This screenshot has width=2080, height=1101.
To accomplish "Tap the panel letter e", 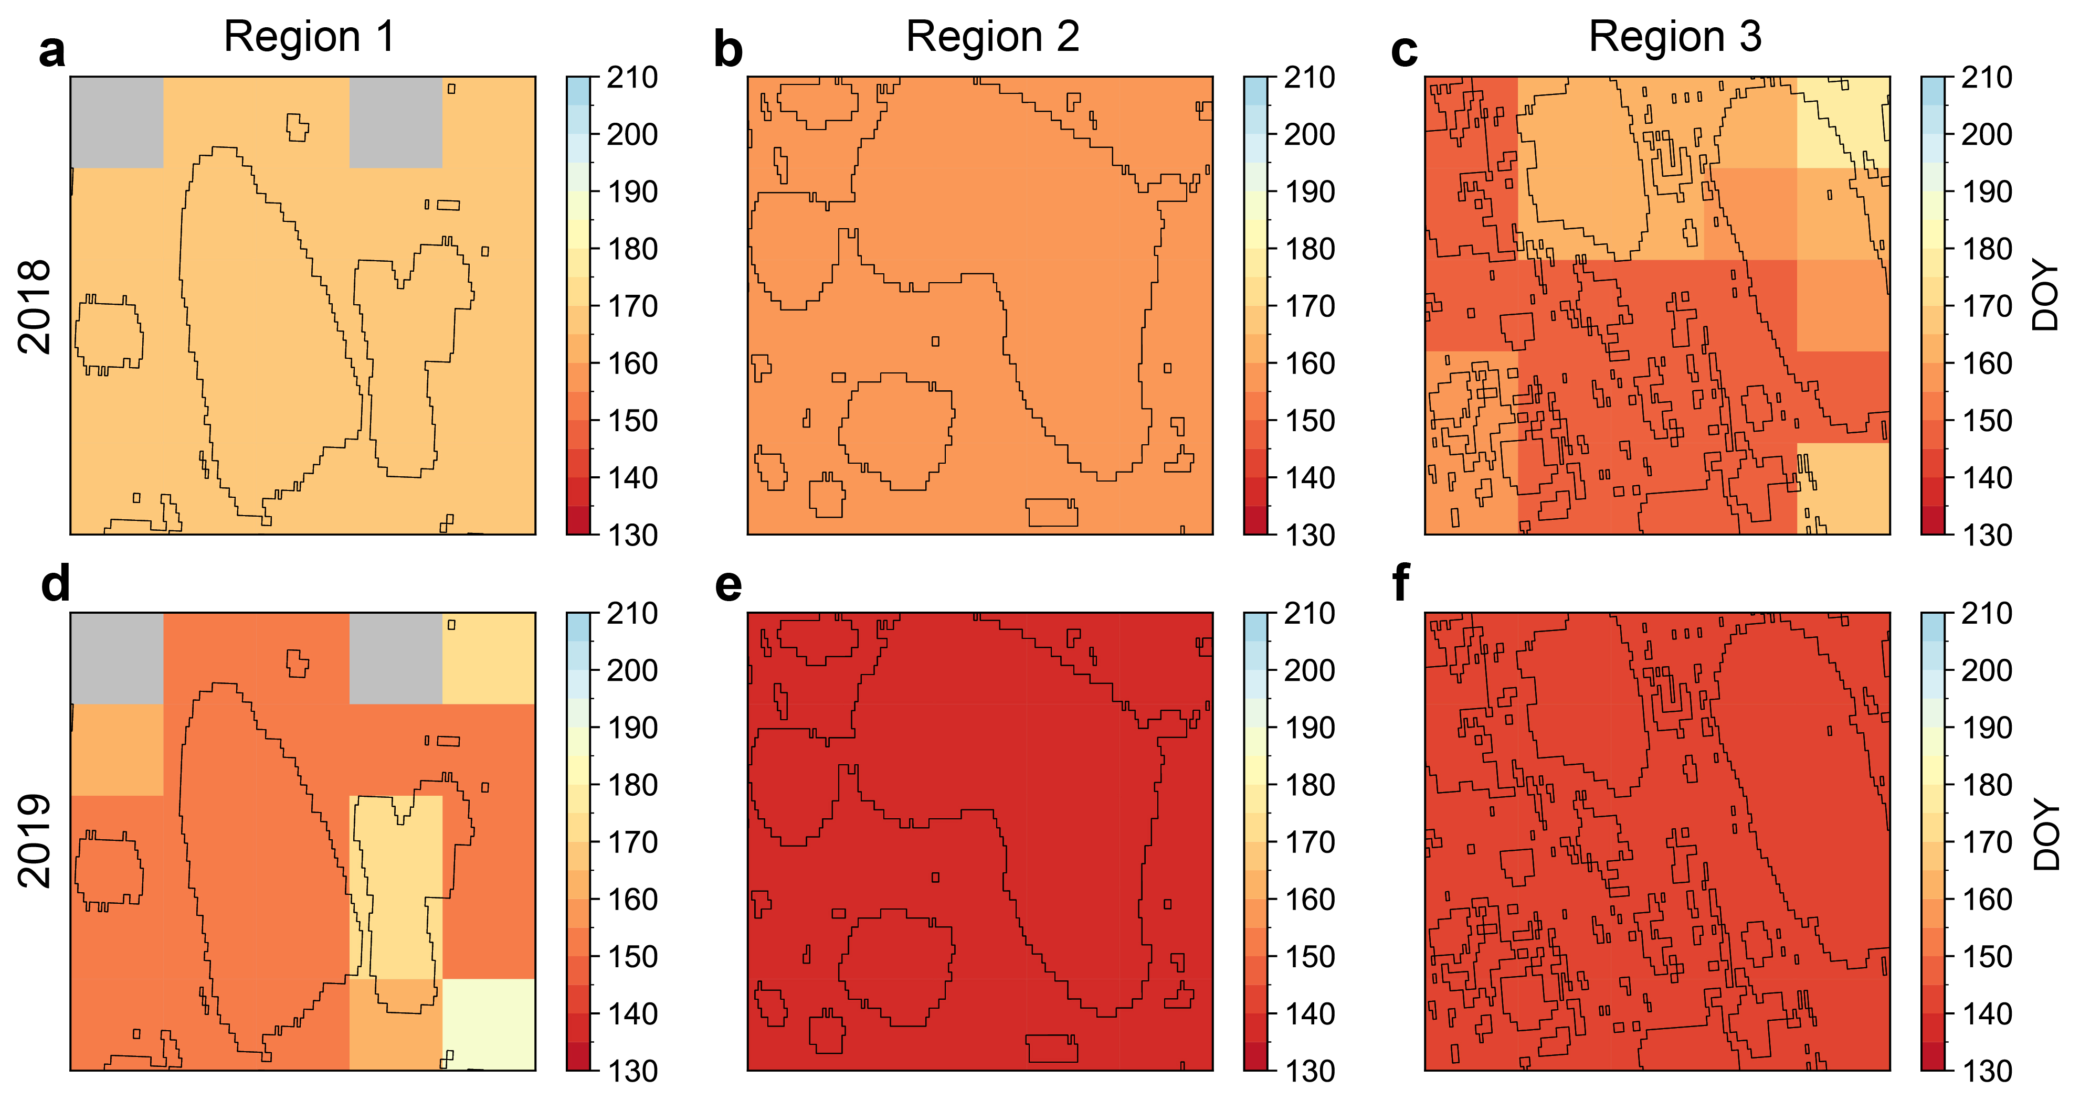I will tap(728, 585).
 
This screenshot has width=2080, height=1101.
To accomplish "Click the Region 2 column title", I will tap(993, 37).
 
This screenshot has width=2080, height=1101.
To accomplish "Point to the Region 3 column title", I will tap(1675, 37).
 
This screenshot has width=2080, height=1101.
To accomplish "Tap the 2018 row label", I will tap(35, 307).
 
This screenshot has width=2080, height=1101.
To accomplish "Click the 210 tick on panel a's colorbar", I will tap(632, 78).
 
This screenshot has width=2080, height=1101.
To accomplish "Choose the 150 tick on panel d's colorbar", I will tap(632, 957).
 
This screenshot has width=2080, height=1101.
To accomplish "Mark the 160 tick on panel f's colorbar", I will tap(1987, 899).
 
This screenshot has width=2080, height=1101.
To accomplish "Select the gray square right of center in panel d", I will tap(396, 658).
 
